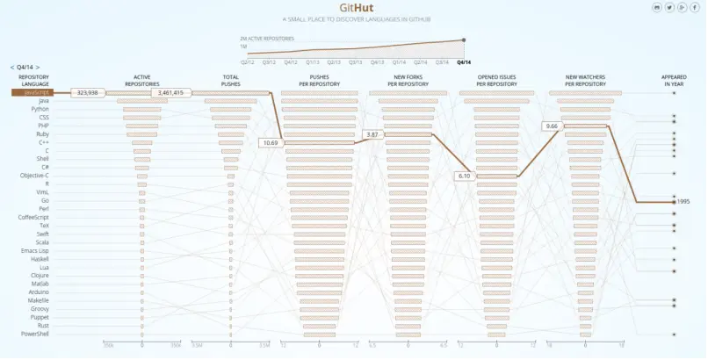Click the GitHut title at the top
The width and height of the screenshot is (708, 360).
pyautogui.click(x=354, y=8)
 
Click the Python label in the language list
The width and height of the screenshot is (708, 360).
pyautogui.click(x=40, y=109)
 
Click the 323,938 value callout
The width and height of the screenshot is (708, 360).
pyautogui.click(x=88, y=92)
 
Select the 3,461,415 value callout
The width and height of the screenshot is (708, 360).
pyautogui.click(x=168, y=92)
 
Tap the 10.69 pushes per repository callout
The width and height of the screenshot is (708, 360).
pyautogui.click(x=271, y=142)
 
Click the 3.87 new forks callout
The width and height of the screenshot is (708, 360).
pyautogui.click(x=372, y=134)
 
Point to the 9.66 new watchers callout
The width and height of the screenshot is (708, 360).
pyautogui.click(x=552, y=126)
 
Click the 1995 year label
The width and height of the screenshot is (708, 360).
pyautogui.click(x=683, y=201)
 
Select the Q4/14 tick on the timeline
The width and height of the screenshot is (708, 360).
pyautogui.click(x=464, y=61)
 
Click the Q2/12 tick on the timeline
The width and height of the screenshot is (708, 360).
pyautogui.click(x=249, y=61)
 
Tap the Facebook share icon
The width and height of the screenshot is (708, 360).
pyautogui.click(x=696, y=8)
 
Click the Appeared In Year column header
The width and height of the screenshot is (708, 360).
pyautogui.click(x=674, y=80)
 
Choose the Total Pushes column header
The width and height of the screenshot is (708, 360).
pyautogui.click(x=230, y=80)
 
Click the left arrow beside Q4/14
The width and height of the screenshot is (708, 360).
pyautogui.click(x=12, y=67)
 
